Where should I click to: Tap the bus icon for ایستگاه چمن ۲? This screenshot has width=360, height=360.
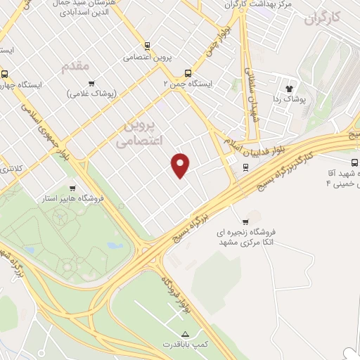click(x=188, y=72)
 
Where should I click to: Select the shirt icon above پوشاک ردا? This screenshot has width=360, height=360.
click(x=288, y=89)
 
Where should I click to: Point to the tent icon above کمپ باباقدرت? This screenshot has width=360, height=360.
click(x=186, y=333)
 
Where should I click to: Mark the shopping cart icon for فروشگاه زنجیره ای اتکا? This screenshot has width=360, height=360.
click(x=245, y=222)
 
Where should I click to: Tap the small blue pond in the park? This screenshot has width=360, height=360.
click(x=115, y=246)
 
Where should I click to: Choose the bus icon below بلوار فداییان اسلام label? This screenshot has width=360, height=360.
click(x=245, y=167)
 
